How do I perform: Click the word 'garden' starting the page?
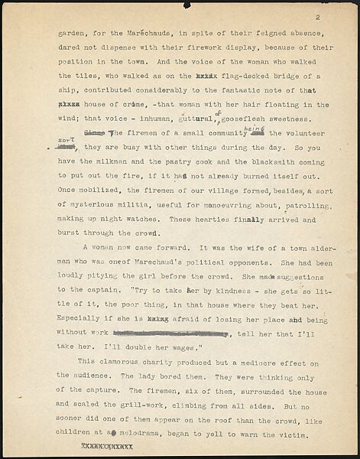pyautogui.click(x=70, y=35)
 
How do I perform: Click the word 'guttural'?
pyautogui.click(x=195, y=121)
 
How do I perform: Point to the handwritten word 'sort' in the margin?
pyautogui.click(x=69, y=139)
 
